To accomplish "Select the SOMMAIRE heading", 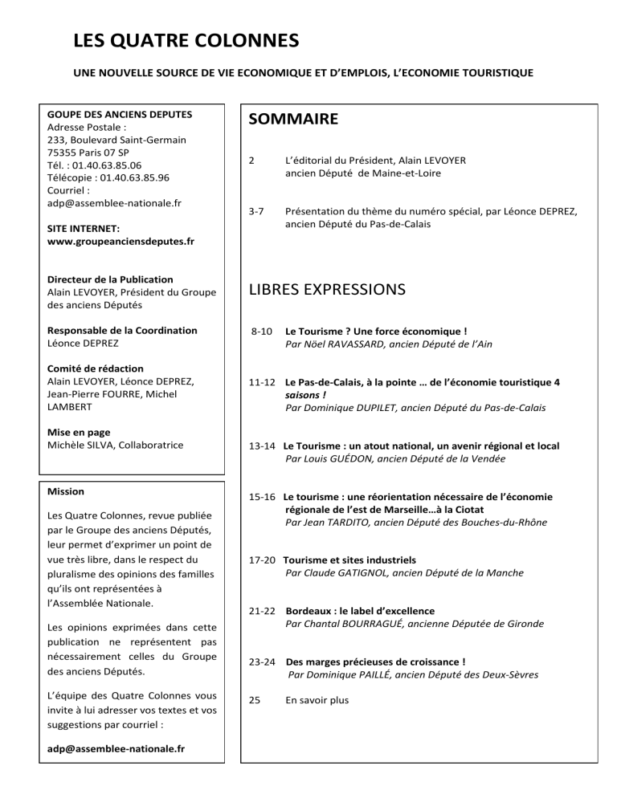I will coord(294,120).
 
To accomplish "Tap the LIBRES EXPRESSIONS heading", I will coord(327,287).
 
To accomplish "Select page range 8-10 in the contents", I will coord(262,331).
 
